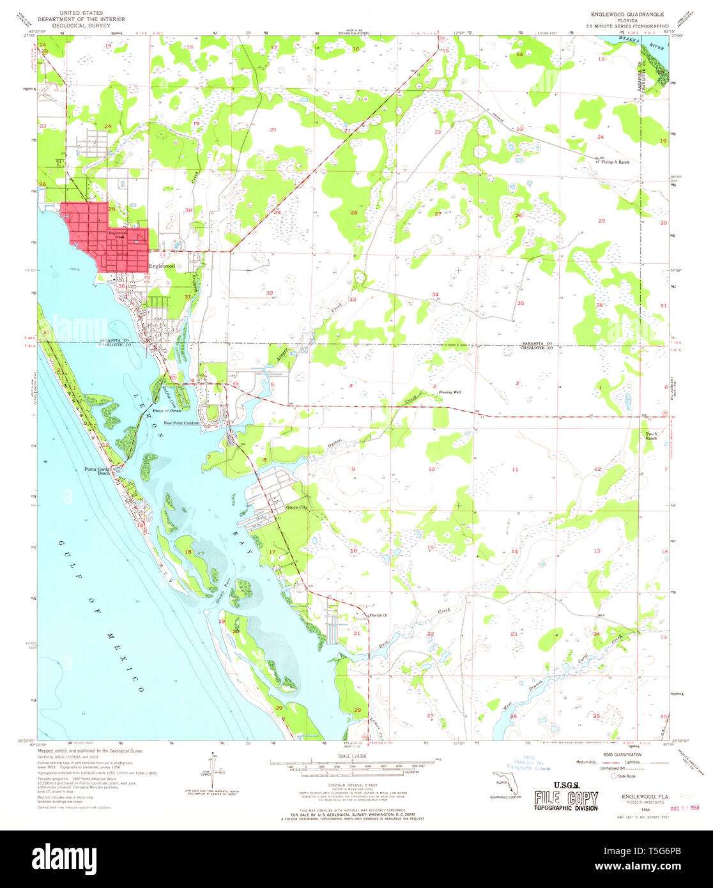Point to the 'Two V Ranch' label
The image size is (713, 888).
click(650, 436)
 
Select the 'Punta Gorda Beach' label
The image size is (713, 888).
click(98, 471)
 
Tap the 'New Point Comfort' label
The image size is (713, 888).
click(181, 423)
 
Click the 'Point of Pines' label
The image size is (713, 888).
click(167, 411)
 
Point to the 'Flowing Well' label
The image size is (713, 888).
click(449, 392)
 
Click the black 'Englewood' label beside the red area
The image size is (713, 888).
click(162, 266)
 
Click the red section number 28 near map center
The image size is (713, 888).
click(353, 212)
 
